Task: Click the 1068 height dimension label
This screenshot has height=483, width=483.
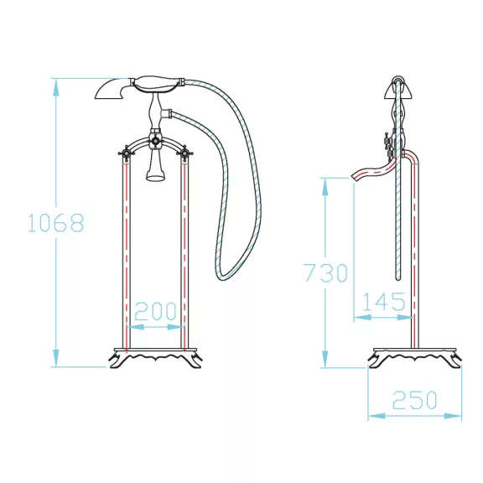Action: (x=55, y=222)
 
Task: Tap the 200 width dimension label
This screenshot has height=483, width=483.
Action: (x=156, y=311)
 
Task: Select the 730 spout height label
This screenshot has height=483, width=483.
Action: (x=326, y=273)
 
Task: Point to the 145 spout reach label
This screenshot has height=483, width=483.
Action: (x=384, y=302)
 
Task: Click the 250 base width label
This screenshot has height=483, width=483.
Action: (x=414, y=400)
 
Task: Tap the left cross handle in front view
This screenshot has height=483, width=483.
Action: (x=126, y=153)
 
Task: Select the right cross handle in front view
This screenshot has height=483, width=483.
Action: (x=184, y=153)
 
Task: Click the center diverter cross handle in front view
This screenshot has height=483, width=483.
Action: (x=155, y=141)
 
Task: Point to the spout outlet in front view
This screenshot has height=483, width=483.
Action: (x=154, y=177)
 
